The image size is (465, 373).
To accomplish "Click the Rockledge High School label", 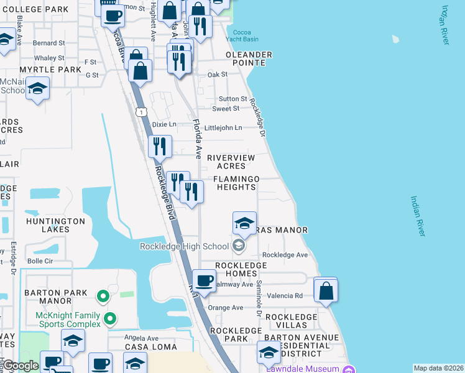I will tap(185, 246).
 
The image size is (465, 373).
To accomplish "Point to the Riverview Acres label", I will tap(231, 162).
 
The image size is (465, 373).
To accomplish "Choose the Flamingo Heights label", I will tap(236, 183).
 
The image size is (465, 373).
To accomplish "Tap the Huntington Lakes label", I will tap(55, 225).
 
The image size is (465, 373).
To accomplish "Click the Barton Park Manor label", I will tap(51, 297).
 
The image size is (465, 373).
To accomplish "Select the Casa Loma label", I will tap(150, 346).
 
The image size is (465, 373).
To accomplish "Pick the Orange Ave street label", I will tap(226, 308).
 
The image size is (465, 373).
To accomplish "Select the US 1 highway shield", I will tap(142, 112).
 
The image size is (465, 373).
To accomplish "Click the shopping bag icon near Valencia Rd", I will tap(325, 290).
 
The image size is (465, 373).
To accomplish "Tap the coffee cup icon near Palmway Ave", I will tap(204, 280).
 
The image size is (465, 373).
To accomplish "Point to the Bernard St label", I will tap(49, 44).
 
